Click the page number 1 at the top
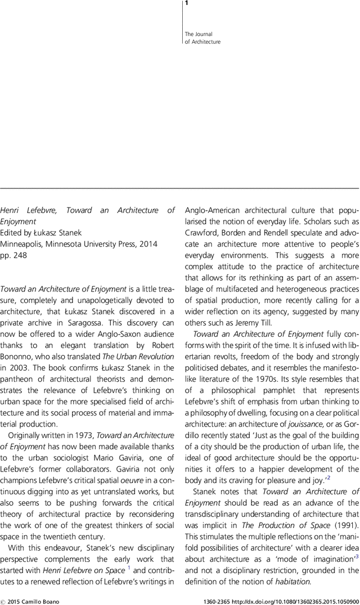[x=187, y=4]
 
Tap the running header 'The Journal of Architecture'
[x=202, y=38]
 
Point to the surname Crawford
[x=201, y=233]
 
